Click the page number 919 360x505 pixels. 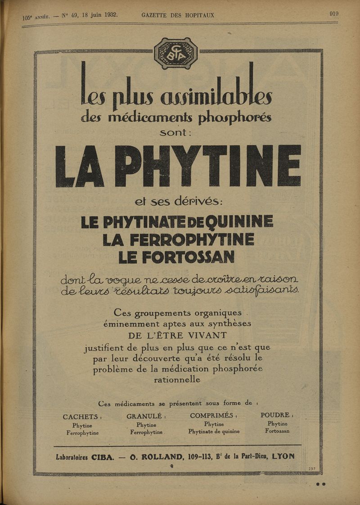(x=334, y=14)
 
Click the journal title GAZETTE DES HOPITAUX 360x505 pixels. (x=178, y=15)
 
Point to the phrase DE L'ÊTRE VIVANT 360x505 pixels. (x=178, y=335)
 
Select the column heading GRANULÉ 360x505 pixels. (x=147, y=416)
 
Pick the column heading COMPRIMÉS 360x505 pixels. (x=214, y=415)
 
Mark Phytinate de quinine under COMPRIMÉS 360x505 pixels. (x=214, y=432)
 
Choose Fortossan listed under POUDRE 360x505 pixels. (x=277, y=431)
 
